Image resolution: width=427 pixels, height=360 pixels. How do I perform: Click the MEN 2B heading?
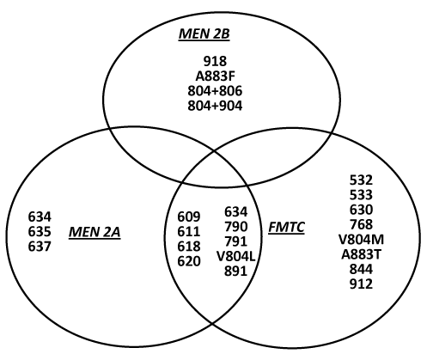tap(204, 34)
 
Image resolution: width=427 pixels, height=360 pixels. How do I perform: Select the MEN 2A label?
tap(95, 232)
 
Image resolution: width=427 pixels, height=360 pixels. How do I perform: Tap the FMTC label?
tap(286, 228)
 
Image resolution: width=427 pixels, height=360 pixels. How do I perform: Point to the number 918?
tap(215, 61)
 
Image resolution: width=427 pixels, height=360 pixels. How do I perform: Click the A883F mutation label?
tap(216, 76)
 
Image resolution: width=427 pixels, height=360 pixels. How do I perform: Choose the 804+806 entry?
tap(215, 91)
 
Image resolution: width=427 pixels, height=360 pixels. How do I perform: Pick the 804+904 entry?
tap(215, 106)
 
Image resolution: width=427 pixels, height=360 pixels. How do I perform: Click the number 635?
tap(40, 232)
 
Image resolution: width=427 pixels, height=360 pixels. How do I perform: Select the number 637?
tap(40, 247)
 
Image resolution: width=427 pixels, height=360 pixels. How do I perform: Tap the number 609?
tap(189, 217)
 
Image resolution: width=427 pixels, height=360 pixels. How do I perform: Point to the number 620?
tap(189, 261)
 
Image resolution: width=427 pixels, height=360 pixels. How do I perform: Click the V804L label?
tap(235, 257)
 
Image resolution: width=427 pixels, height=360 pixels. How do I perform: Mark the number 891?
tap(235, 272)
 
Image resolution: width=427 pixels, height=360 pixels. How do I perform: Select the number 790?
tap(235, 227)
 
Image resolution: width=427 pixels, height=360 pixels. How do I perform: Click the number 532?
tap(361, 180)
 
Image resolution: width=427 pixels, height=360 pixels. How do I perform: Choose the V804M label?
tap(361, 240)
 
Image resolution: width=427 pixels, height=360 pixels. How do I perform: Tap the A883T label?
tap(361, 254)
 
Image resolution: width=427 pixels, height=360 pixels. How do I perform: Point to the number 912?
tap(361, 284)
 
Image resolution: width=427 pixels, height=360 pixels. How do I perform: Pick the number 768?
tap(361, 225)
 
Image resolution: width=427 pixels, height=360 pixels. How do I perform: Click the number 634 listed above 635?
tap(40, 217)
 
